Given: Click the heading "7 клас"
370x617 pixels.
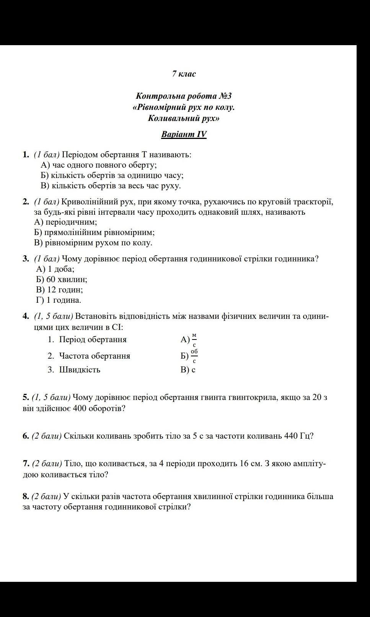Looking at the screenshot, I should tap(184, 74).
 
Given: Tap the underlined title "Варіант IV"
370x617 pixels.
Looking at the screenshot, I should tap(184, 134).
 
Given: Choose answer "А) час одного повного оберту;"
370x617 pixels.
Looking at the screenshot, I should tap(99, 165).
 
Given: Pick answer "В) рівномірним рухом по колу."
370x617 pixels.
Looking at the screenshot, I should tap(93, 243).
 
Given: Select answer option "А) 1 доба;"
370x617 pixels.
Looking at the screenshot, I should tap(55, 269).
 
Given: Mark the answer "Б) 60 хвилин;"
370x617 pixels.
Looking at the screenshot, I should tap(62, 279).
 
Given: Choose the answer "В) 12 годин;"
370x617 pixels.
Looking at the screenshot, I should tap(59, 290).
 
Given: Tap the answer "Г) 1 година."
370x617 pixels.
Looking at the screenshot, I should tap(59, 300).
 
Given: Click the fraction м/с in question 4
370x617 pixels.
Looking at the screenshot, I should tap(194, 340).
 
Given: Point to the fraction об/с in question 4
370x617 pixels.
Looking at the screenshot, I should tap(194, 356).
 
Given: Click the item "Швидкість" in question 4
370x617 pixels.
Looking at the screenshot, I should tap(80, 370).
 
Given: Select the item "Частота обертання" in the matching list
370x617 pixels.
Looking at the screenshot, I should tap(95, 356).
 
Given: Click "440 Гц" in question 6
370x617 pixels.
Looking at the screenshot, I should tap(298, 436).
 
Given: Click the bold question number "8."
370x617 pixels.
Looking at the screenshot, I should tap(26, 496).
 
